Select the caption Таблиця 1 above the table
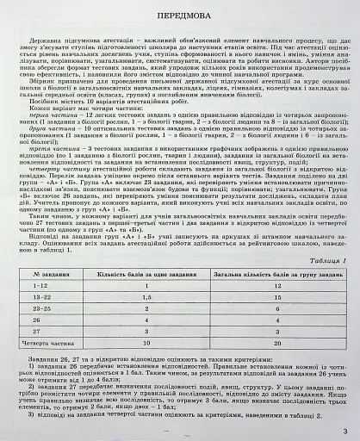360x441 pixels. [320, 258]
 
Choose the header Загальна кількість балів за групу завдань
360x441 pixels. [276, 272]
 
